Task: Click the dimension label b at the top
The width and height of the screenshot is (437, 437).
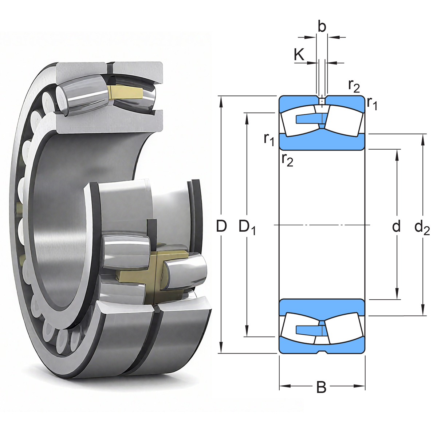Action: coord(322,27)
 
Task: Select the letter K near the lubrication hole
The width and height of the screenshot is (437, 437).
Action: coord(299,55)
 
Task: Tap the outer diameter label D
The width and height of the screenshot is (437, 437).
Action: coord(221,226)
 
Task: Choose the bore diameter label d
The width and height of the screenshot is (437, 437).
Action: coord(396,226)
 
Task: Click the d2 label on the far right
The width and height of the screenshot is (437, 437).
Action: coord(422,227)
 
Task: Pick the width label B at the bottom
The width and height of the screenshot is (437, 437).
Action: coord(321,387)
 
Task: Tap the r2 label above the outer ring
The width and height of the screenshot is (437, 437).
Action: coord(354,86)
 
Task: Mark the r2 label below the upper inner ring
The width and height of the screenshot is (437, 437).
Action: coord(287,159)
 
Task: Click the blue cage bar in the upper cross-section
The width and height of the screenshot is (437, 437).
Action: coord(308,119)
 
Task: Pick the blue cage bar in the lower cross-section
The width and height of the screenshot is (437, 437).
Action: coord(308,330)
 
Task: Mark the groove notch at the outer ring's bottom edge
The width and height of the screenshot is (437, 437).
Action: coord(322,352)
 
